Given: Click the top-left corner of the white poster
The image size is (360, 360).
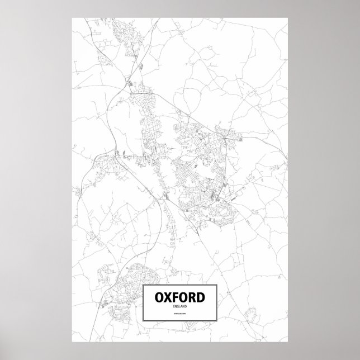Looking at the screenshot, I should coord(72,17).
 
